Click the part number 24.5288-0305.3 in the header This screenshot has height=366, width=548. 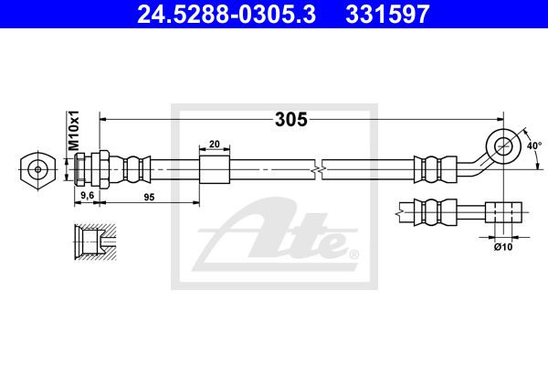pos(227,14)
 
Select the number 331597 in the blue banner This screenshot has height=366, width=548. pos(387,14)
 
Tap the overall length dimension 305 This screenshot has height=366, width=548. pos(291,120)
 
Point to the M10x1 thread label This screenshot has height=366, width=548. pos(73,130)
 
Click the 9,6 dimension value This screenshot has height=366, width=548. pos(88,196)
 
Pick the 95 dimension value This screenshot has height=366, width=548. pos(149,198)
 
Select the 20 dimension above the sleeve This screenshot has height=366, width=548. pos(215,144)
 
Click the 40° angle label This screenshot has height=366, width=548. pos(534,145)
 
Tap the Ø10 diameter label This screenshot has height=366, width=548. pos(503,247)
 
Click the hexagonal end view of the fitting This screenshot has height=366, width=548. pos(37,170)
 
